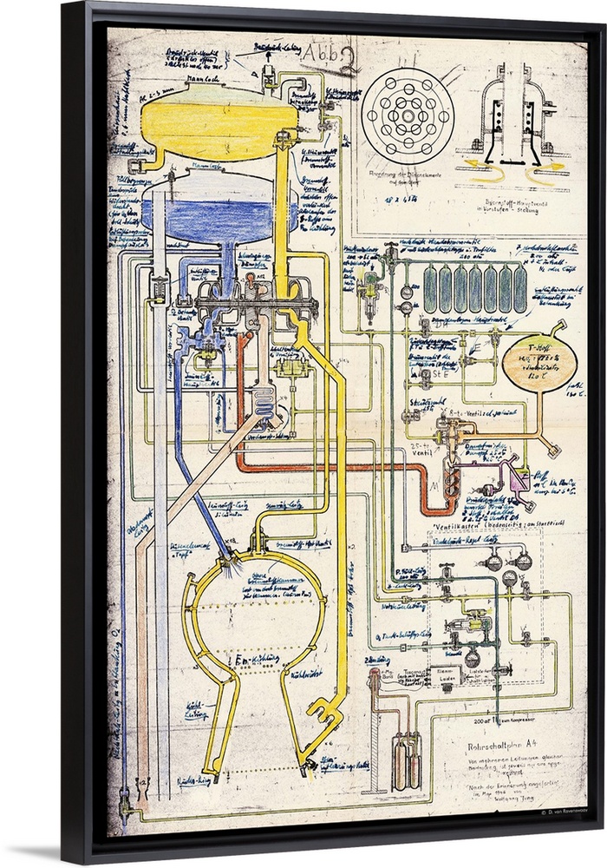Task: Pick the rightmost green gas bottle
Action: pos(519,289)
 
